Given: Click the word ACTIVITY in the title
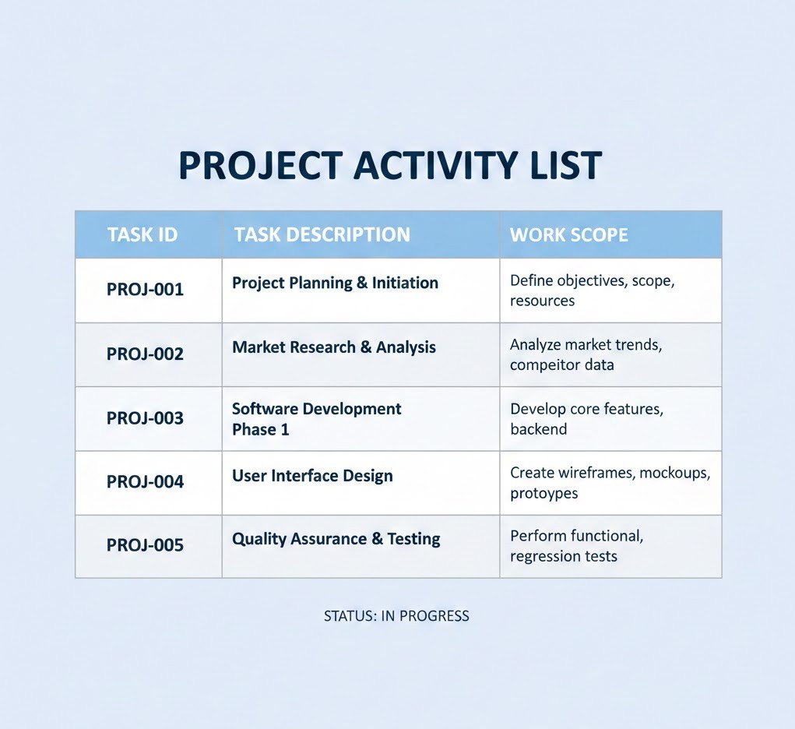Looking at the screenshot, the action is pyautogui.click(x=435, y=165).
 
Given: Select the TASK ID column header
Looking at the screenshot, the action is pyautogui.click(x=142, y=235).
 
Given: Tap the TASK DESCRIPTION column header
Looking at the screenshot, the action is pyautogui.click(x=322, y=235).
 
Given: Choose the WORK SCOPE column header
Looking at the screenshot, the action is pyautogui.click(x=569, y=235).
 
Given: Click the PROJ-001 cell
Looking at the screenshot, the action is pyautogui.click(x=145, y=290).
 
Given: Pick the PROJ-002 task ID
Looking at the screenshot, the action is pyautogui.click(x=145, y=354).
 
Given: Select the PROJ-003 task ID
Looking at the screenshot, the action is pyautogui.click(x=145, y=418).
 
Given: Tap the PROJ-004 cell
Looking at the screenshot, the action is pyautogui.click(x=145, y=481).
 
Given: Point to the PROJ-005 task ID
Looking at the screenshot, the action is pyautogui.click(x=145, y=545).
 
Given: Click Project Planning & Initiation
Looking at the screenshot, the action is pyautogui.click(x=335, y=283).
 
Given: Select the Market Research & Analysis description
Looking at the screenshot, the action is pyautogui.click(x=334, y=347).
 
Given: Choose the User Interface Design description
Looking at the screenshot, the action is pyautogui.click(x=312, y=476).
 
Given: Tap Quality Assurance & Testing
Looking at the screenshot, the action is pyautogui.click(x=336, y=539).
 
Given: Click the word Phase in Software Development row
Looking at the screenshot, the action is pyautogui.click(x=254, y=430).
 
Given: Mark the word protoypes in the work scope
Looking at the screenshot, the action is pyautogui.click(x=544, y=494).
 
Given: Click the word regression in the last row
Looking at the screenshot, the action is pyautogui.click(x=544, y=557).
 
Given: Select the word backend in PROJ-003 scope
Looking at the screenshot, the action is pyautogui.click(x=539, y=429).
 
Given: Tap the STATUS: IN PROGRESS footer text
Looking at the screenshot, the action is pyautogui.click(x=396, y=616).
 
